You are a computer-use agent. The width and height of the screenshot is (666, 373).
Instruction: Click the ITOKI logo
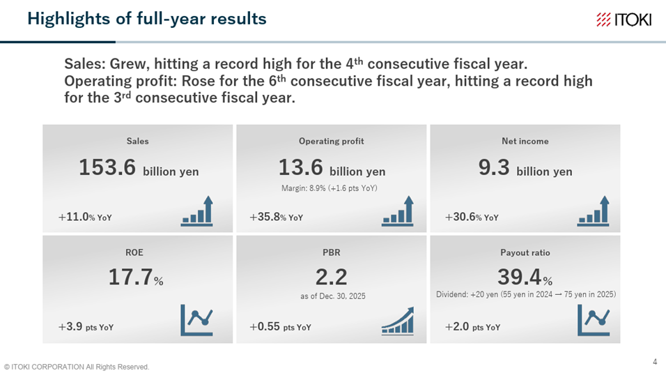coord(624,20)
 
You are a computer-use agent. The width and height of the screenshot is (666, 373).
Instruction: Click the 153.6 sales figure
coord(107,167)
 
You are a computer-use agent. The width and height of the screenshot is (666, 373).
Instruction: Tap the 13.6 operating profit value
coord(301,167)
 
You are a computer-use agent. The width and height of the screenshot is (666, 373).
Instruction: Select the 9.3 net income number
coord(493,167)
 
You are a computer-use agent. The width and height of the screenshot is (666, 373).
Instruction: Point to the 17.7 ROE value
coord(130,277)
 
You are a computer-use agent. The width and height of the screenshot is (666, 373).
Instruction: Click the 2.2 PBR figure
coord(332,277)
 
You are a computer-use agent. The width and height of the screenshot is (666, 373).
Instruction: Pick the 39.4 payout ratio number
coord(520,277)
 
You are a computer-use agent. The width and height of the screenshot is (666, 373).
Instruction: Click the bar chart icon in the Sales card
coord(196,211)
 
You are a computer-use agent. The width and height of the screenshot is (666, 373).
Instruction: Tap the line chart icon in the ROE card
coord(196,320)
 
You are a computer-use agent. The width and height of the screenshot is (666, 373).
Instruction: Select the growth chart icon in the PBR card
coord(398,321)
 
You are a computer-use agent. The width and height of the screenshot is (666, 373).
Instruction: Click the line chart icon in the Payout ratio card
coord(594,320)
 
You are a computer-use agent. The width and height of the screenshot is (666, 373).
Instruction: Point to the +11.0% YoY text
coord(85,217)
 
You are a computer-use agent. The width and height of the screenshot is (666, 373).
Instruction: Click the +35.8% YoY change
coord(276,217)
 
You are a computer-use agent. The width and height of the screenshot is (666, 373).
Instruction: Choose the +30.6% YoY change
coord(472,217)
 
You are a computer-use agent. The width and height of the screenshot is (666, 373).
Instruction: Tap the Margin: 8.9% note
coord(330,188)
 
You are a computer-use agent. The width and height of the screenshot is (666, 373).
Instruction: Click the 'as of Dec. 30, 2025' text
coord(332,296)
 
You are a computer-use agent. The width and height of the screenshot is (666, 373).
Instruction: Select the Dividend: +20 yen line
coord(526,294)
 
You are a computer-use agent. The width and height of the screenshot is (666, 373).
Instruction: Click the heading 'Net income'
coord(525,142)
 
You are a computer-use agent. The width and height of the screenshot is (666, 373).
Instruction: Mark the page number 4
coord(655,362)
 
